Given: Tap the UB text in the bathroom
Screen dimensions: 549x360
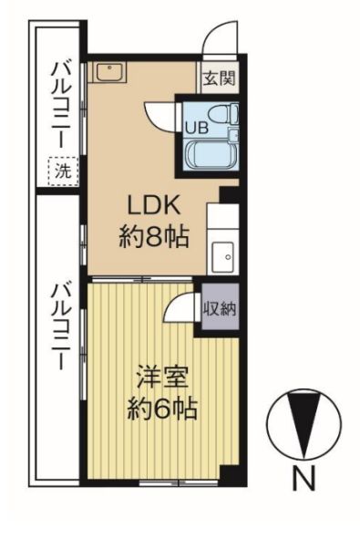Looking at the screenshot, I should pyautogui.click(x=197, y=127).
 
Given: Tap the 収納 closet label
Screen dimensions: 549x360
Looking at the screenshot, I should pyautogui.click(x=220, y=308).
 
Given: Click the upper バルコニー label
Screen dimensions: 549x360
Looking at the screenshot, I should pyautogui.click(x=62, y=100).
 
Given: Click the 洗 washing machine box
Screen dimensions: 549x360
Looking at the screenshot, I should pyautogui.click(x=62, y=170).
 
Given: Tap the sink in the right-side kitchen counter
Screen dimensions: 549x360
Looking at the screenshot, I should pyautogui.click(x=222, y=256).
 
